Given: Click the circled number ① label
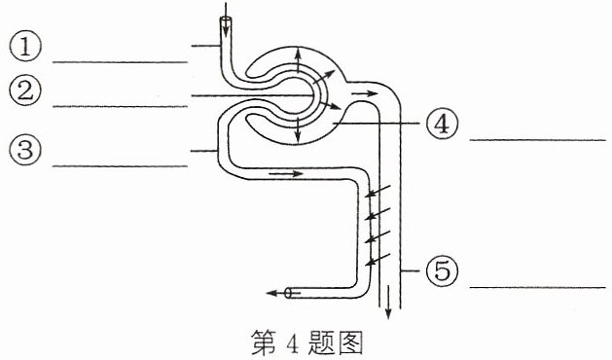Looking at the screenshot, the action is [x=25, y=46].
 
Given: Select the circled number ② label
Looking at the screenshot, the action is [x=25, y=90].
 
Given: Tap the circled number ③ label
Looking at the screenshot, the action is [x=25, y=150].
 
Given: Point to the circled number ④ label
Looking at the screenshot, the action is [x=442, y=124].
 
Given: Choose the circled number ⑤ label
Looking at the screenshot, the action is [x=442, y=271].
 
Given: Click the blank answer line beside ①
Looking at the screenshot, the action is [x=121, y=62].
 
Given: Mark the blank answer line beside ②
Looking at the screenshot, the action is [x=121, y=106].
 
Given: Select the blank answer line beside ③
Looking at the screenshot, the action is [x=121, y=166].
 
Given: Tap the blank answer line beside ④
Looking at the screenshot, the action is [x=538, y=140].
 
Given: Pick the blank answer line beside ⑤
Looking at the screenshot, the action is [x=538, y=288].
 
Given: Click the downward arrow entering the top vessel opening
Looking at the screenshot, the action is [x=226, y=17].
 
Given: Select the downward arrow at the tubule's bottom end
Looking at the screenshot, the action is [x=388, y=303].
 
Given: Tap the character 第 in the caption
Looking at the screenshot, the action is [x=264, y=342].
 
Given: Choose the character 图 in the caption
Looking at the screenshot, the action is [x=350, y=343].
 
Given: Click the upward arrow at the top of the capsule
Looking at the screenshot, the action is [x=298, y=59].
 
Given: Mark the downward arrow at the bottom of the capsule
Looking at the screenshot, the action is [x=298, y=130].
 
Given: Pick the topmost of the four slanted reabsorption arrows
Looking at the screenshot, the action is [x=378, y=191].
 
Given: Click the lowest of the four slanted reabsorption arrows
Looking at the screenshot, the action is [x=378, y=260].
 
